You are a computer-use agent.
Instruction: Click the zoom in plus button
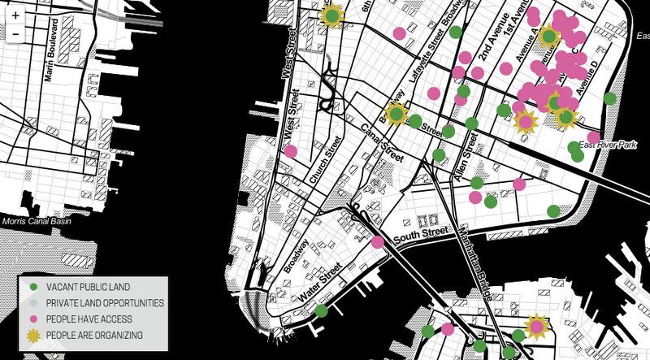(15, 15)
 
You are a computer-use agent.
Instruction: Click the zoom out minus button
(15, 33)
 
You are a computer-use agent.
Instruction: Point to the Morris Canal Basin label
(36, 221)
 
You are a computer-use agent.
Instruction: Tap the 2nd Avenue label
(493, 54)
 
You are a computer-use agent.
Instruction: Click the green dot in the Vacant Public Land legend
(33, 287)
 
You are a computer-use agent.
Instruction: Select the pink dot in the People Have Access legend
(33, 319)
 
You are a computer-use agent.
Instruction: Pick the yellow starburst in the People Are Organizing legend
(33, 335)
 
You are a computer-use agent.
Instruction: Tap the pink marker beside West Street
(290, 151)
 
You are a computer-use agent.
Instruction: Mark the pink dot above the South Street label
(377, 241)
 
